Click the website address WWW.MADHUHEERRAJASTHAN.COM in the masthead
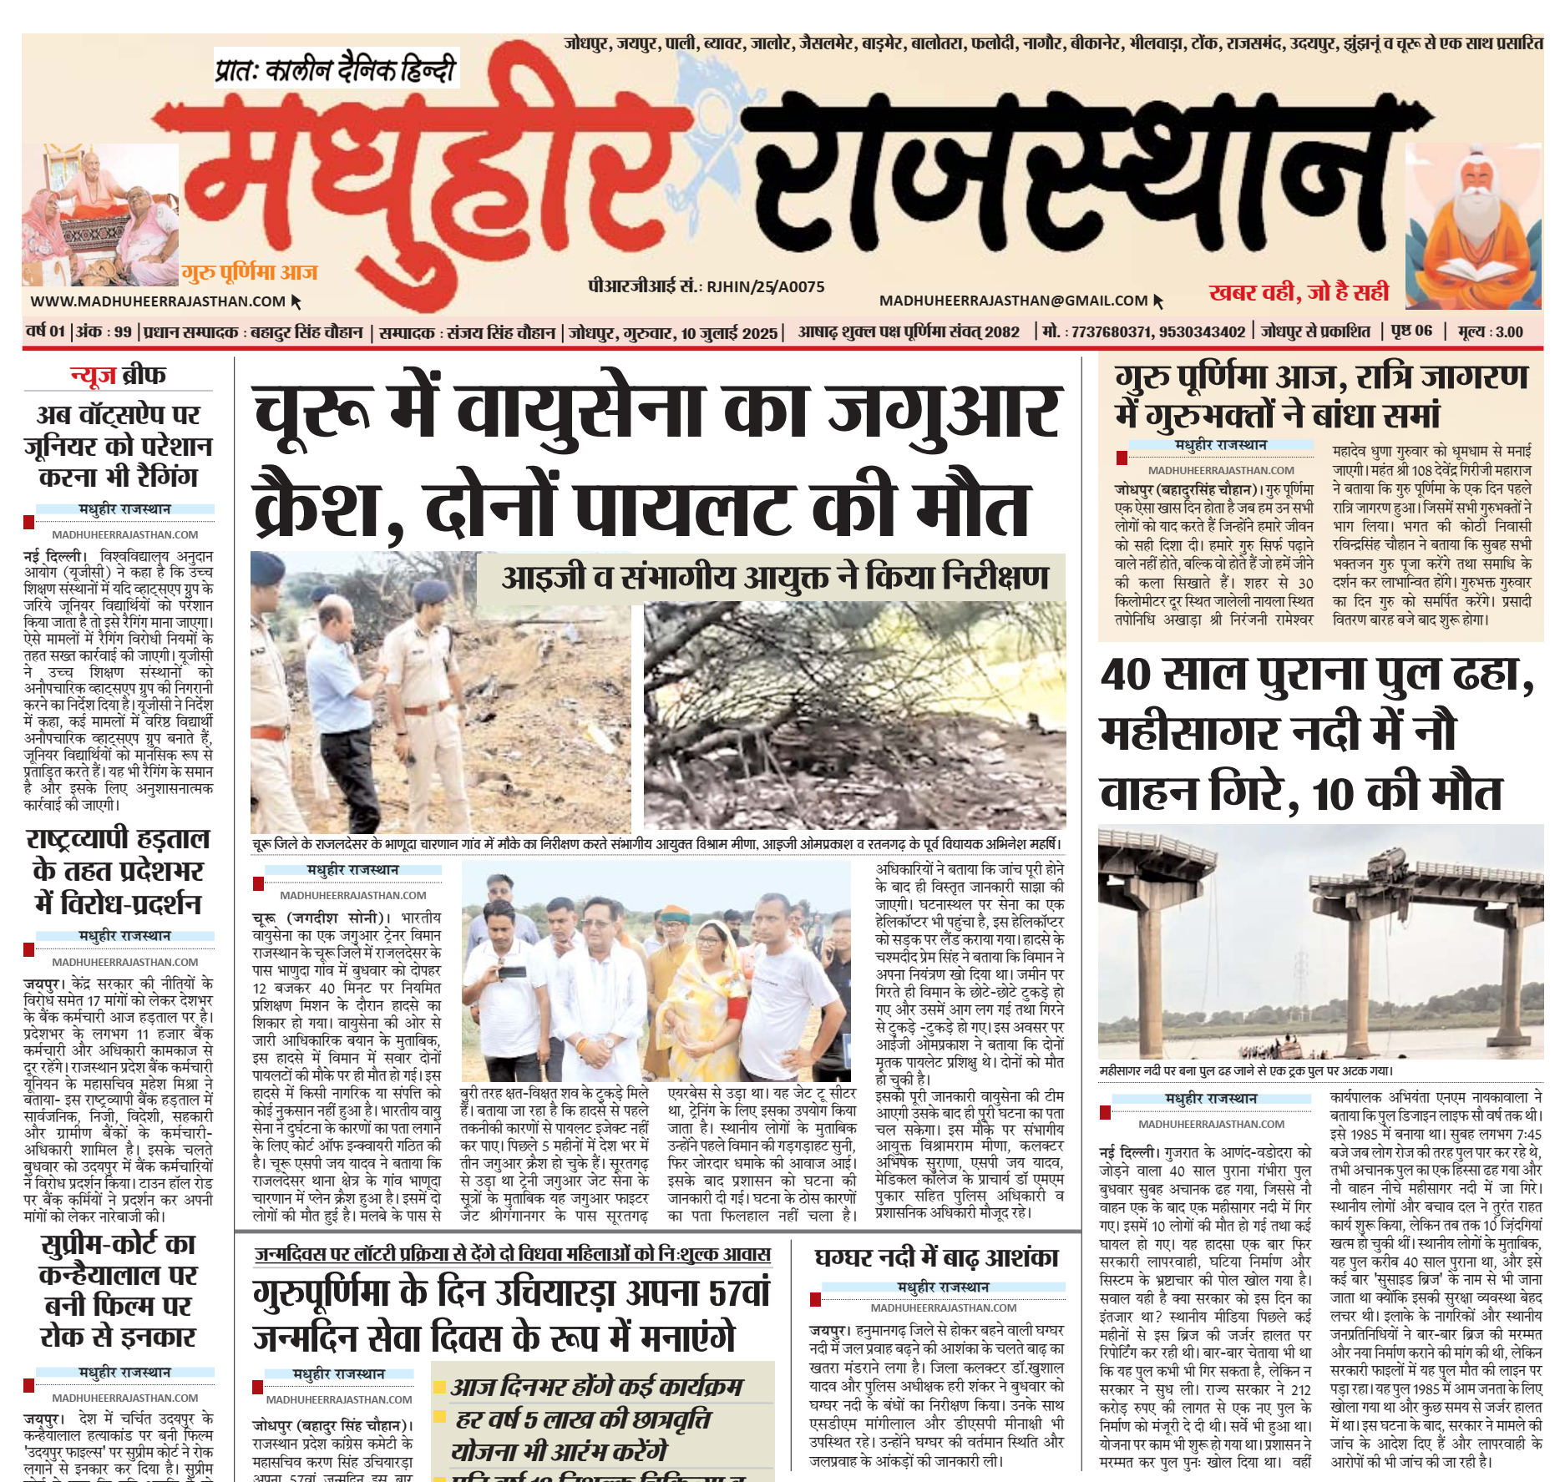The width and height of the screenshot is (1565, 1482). point(158,301)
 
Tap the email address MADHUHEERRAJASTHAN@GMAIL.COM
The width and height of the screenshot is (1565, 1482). point(1013,301)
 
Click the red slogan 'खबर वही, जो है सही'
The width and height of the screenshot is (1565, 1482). point(1299,292)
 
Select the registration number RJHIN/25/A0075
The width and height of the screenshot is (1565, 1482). point(765,287)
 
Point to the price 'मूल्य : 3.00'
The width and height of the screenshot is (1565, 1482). point(1490,331)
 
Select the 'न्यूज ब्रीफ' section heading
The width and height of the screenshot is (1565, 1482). point(118,376)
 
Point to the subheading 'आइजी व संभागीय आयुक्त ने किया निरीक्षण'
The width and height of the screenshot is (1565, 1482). point(774,578)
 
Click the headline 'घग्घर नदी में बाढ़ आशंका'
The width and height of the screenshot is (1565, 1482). point(936,1257)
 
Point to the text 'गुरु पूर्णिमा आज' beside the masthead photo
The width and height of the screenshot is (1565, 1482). point(250,272)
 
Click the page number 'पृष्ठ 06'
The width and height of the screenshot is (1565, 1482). point(1411,331)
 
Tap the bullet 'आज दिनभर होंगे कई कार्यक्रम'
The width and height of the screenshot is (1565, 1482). point(596,1387)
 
